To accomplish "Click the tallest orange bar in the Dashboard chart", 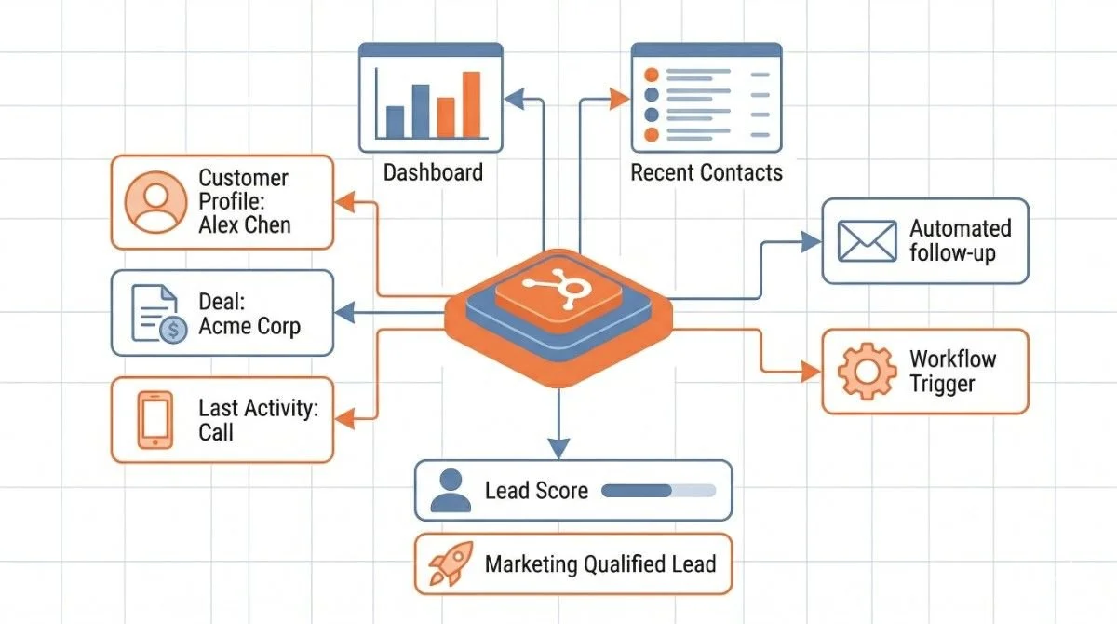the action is point(472,103).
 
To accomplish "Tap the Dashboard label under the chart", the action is point(433,172).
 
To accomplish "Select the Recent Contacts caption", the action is point(707,172).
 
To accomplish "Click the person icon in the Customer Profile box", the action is point(151,202).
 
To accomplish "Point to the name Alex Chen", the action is point(245,224).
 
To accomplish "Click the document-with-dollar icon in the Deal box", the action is point(158,314).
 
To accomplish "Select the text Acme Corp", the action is point(249,327).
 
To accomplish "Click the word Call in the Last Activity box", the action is point(216,432).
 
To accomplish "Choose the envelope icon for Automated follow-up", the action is point(867,240).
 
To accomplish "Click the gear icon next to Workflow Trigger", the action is point(867,371).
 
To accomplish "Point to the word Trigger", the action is point(942,384).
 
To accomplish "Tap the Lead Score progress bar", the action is point(659,490).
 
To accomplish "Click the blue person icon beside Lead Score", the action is point(451,491).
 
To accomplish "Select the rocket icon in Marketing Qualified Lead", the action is point(451,564).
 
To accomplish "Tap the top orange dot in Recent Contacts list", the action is point(652,75).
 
